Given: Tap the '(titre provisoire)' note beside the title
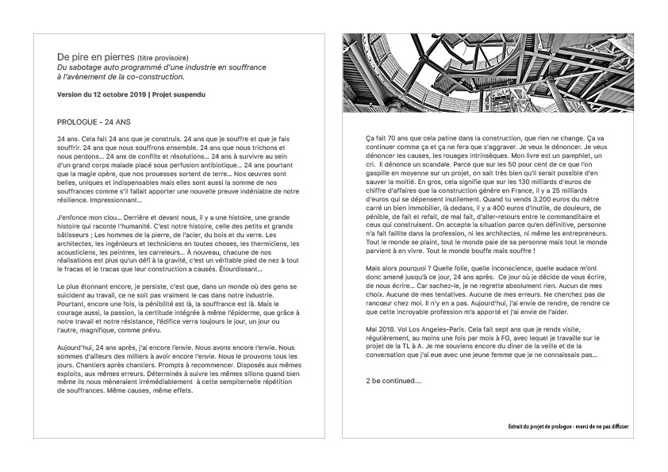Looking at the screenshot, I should pyautogui.click(x=163, y=58).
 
